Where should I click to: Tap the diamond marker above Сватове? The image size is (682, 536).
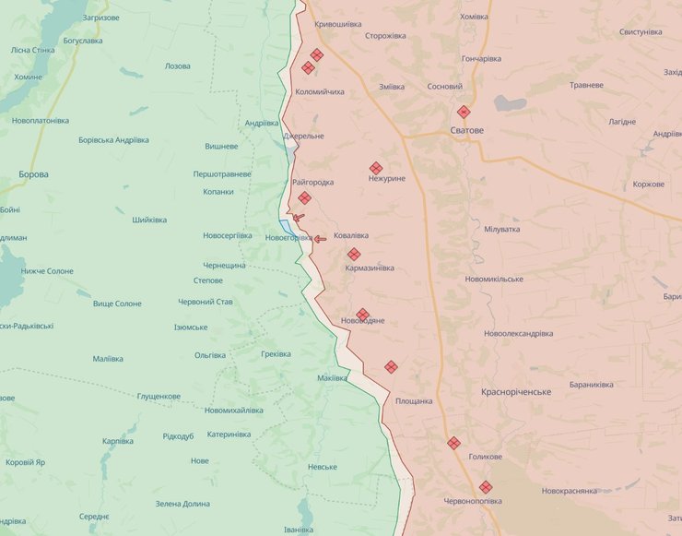tap(464, 112)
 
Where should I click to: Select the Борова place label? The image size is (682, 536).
tap(33, 174)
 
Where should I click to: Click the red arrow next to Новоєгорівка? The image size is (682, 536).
tap(319, 239)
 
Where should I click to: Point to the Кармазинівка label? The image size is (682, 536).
tap(370, 268)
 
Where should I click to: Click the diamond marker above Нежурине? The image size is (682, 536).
tap(376, 168)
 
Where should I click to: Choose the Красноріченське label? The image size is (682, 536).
tap(516, 392)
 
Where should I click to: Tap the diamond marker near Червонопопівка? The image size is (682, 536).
tap(486, 487)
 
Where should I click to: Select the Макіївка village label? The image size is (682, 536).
tap(332, 378)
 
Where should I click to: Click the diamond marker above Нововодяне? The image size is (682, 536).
tap(362, 315)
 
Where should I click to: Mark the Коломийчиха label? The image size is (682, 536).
tap(320, 92)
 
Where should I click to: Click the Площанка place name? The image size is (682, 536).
tap(414, 401)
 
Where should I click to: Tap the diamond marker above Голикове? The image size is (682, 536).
tap(453, 443)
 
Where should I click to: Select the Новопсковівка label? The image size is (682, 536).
tap(41, 121)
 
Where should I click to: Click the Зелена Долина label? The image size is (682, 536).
tap(182, 504)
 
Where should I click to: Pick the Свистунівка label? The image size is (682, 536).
tap(641, 32)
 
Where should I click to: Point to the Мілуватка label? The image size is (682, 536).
tap(501, 229)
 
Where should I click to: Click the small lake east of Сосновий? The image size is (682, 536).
tap(510, 103)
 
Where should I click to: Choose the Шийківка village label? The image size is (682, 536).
tap(149, 220)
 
